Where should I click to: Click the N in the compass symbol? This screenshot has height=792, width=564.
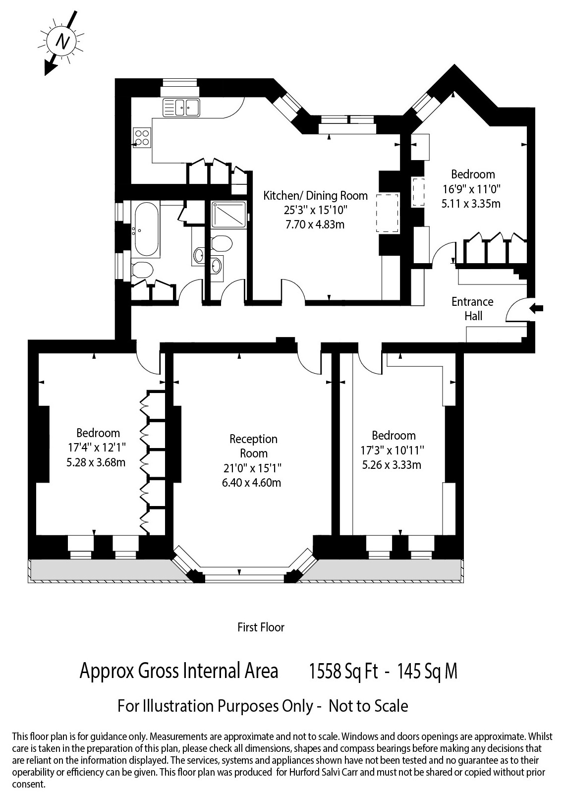pyautogui.click(x=63, y=42)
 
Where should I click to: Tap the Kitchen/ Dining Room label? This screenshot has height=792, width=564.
pyautogui.click(x=315, y=196)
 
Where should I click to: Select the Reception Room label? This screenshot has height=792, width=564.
pyautogui.click(x=254, y=446)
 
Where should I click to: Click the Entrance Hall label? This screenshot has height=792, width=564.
pyautogui.click(x=472, y=309)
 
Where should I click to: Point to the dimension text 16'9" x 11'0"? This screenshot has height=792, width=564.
pyautogui.click(x=472, y=189)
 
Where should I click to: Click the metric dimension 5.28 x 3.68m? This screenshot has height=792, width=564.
pyautogui.click(x=96, y=462)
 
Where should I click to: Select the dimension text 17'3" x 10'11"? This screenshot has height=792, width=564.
pyautogui.click(x=392, y=451)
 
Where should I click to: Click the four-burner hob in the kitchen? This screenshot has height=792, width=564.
pyautogui.click(x=142, y=138)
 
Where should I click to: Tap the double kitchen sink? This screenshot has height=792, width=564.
pyautogui.click(x=181, y=108)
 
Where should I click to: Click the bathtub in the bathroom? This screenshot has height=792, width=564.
pyautogui.click(x=146, y=229)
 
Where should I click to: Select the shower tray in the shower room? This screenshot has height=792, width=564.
pyautogui.click(x=228, y=215)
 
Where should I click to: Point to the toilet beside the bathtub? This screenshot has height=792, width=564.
pyautogui.click(x=142, y=271)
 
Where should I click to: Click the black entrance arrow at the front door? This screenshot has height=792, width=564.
pyautogui.click(x=536, y=309)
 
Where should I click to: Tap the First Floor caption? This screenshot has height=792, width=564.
pyautogui.click(x=261, y=627)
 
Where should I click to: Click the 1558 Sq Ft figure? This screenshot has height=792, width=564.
pyautogui.click(x=344, y=672)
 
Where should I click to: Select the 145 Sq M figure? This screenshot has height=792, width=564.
pyautogui.click(x=428, y=672)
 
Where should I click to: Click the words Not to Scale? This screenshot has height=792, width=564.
pyautogui.click(x=368, y=707)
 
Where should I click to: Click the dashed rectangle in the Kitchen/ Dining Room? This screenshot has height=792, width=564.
pyautogui.click(x=388, y=213)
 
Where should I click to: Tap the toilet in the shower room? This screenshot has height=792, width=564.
pyautogui.click(x=222, y=243)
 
